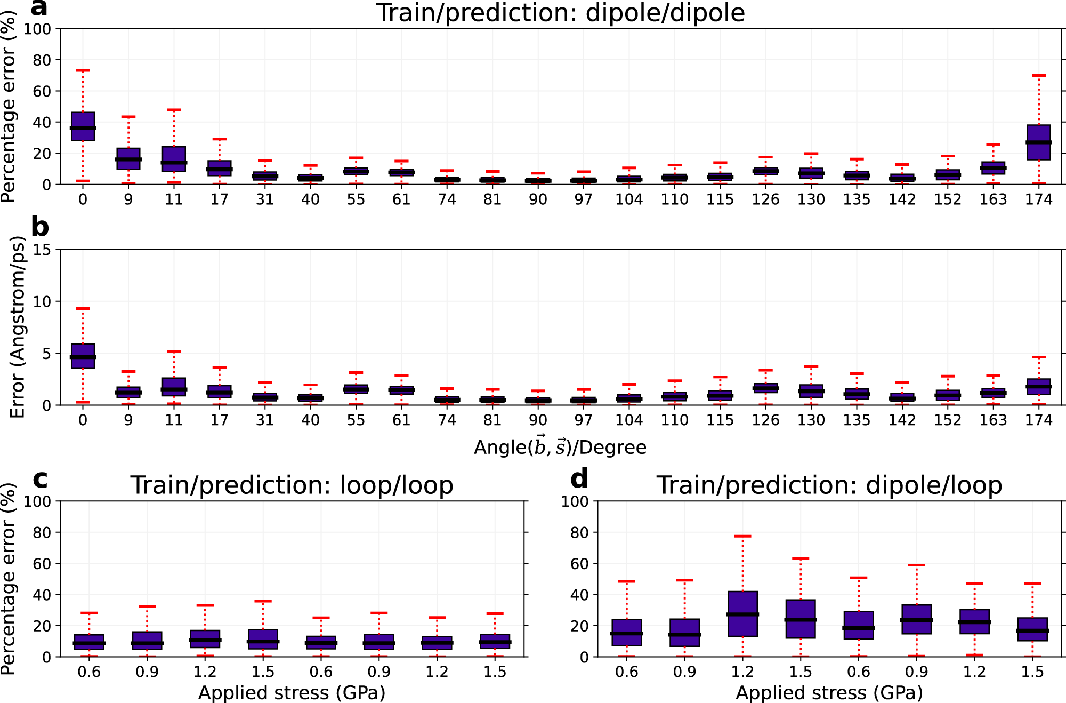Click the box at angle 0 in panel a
click(x=83, y=126)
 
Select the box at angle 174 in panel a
click(x=1038, y=142)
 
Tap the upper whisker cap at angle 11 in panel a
click(x=174, y=110)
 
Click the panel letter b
click(x=40, y=227)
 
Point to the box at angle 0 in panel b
click(x=83, y=356)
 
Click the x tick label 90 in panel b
click(x=538, y=420)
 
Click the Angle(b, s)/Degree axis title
click(x=560, y=447)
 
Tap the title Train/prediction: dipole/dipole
click(x=560, y=13)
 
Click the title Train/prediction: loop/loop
click(x=292, y=485)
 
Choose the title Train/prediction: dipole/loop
click(x=829, y=485)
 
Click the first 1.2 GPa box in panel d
click(x=742, y=613)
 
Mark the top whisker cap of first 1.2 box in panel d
click(x=742, y=536)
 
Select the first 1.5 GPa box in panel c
click(x=263, y=639)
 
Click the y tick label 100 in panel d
click(x=575, y=501)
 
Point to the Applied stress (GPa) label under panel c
click(x=292, y=693)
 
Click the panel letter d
click(x=579, y=478)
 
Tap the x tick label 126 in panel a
click(x=765, y=199)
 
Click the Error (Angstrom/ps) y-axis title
click(x=18, y=327)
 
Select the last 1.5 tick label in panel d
click(x=1032, y=672)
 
